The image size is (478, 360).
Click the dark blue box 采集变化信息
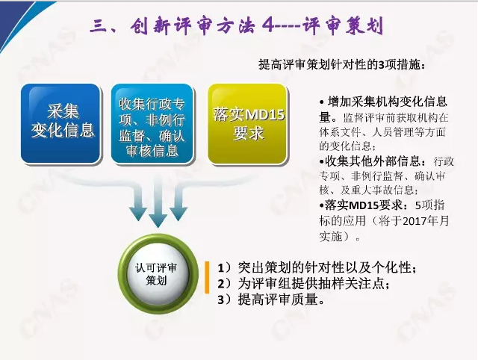click(x=61, y=123)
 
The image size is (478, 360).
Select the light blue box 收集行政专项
click(x=152, y=123)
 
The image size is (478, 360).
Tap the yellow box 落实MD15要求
click(x=248, y=123)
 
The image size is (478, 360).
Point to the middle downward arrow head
click(x=158, y=220)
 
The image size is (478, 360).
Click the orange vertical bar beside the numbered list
click(x=207, y=277)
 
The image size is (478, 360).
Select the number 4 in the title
click(x=269, y=26)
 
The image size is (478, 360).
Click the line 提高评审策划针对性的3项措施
click(x=342, y=65)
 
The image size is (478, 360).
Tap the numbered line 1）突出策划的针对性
click(x=317, y=268)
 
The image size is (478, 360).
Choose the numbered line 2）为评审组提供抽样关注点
click(x=304, y=284)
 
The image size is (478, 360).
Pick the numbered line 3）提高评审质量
click(x=270, y=300)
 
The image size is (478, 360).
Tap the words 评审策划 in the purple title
click(x=343, y=26)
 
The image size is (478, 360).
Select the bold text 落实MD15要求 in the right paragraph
click(x=364, y=205)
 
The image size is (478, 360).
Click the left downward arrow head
click(x=137, y=214)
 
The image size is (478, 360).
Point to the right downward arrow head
click(x=179, y=214)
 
